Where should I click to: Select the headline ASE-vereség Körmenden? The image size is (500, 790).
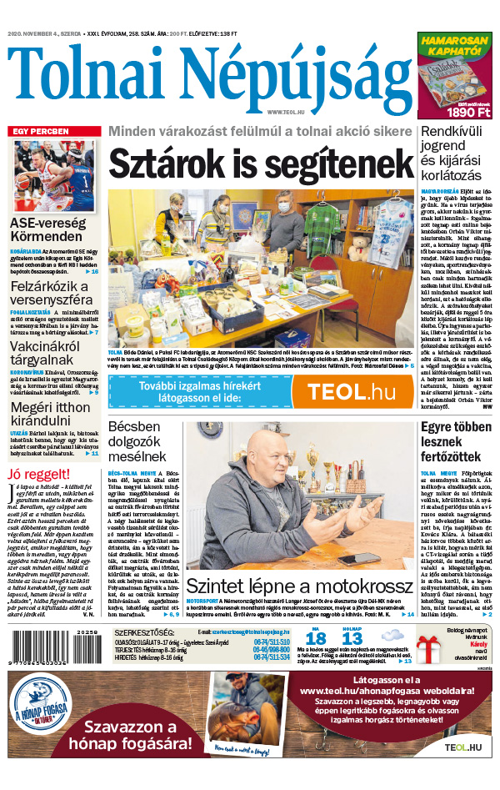click(47, 230)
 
